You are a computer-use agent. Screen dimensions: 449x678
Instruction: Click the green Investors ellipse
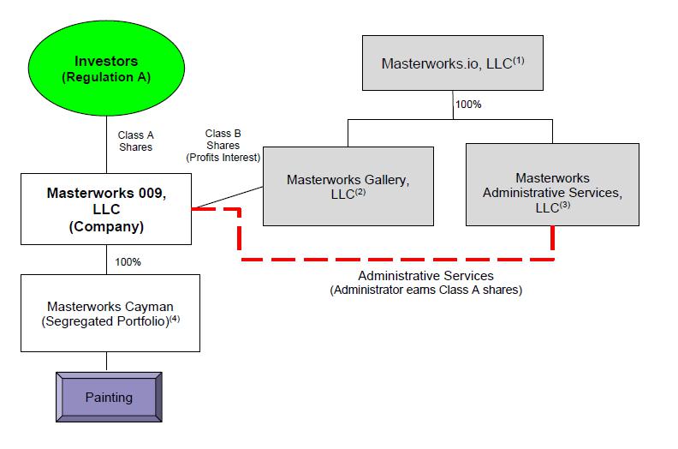click(106, 69)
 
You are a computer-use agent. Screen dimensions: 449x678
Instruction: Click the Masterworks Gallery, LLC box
click(347, 185)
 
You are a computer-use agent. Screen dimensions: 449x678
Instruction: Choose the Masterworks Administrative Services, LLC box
click(552, 185)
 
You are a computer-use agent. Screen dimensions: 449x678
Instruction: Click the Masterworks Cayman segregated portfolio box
click(110, 313)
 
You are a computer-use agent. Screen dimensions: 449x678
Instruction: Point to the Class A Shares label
click(135, 141)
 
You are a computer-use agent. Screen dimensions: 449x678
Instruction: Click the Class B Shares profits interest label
click(223, 146)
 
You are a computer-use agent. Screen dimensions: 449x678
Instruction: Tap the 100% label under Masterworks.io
click(468, 105)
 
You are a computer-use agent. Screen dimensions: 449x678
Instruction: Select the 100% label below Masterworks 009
click(128, 261)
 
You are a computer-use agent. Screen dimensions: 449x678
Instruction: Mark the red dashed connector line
click(394, 258)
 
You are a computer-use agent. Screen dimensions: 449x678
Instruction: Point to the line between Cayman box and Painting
click(107, 361)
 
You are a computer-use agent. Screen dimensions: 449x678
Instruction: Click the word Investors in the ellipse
click(106, 61)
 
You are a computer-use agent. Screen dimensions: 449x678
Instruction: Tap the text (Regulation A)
click(106, 78)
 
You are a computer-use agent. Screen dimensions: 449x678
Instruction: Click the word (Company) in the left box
click(106, 228)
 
